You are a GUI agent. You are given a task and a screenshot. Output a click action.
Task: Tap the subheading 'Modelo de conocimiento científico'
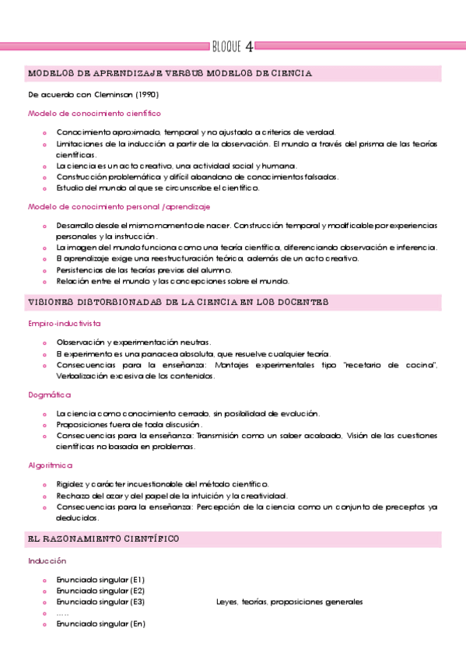coord(89,113)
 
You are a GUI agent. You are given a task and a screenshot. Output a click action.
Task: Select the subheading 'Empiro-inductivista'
coord(65,322)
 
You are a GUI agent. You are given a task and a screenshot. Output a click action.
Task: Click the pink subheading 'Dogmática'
coord(49,395)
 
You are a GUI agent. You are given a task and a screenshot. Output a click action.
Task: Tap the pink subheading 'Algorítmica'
coord(50,466)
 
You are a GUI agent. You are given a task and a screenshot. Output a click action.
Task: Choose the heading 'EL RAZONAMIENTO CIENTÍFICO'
coord(103,539)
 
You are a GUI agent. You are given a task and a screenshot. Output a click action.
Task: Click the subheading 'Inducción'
coord(47,560)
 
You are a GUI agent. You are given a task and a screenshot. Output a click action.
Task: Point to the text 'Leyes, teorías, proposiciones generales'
coord(289,602)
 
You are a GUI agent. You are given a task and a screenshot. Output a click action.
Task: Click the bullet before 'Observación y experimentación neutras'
coord(45,342)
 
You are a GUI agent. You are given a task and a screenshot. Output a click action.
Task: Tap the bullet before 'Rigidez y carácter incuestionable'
coord(45,485)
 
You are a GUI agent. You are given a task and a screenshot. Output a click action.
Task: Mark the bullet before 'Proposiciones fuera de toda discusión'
coord(45,425)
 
